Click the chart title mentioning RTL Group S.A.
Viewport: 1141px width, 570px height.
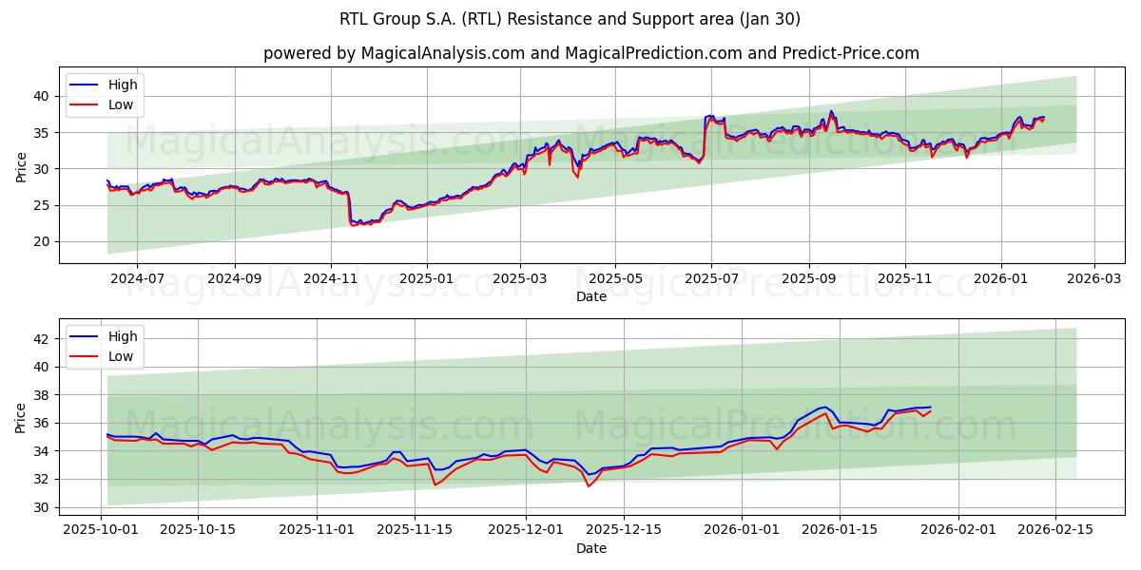tap(570, 19)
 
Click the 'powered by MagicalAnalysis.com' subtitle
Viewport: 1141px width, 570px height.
tap(590, 53)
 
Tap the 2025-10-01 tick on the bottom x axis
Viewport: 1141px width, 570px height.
tap(101, 530)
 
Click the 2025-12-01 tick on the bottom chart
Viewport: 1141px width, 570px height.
tap(526, 530)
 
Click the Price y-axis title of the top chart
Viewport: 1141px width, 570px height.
tap(21, 167)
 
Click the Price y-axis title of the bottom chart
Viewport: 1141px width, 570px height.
tap(21, 418)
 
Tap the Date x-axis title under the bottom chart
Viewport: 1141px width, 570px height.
tap(591, 548)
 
